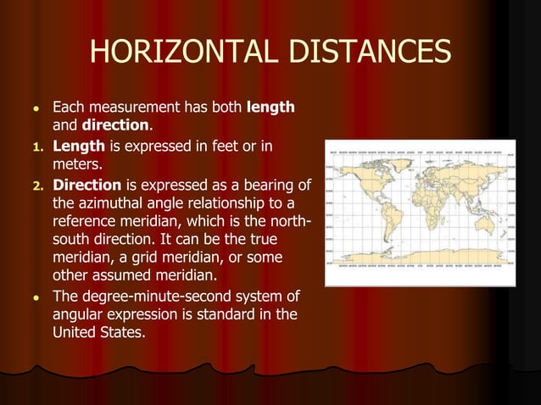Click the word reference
pyautogui.click(x=87, y=222)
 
